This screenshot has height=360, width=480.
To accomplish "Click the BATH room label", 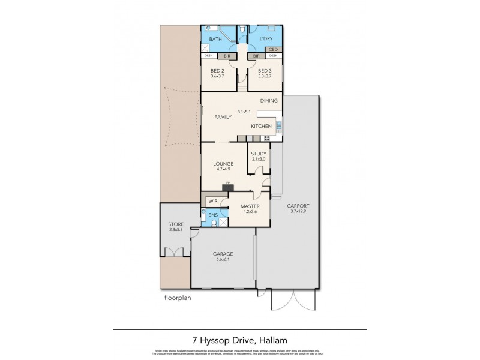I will (x=215, y=40).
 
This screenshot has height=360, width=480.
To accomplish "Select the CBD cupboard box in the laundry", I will (x=273, y=49).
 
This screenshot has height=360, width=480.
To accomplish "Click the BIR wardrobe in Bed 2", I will (x=227, y=56).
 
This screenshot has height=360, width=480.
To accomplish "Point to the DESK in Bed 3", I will (x=273, y=56).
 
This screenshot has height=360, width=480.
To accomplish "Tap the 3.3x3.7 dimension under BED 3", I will (x=264, y=76).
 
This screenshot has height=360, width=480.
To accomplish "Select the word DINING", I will (x=269, y=101).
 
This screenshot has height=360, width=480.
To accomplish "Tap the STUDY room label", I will (x=259, y=154).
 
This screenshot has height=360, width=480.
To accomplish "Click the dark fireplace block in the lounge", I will (x=227, y=187).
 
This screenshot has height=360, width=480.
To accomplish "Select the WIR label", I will (x=212, y=202).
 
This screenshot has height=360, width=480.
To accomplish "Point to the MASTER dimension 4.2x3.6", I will (x=250, y=211).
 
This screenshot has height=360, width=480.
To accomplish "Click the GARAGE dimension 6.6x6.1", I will (x=223, y=260).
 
